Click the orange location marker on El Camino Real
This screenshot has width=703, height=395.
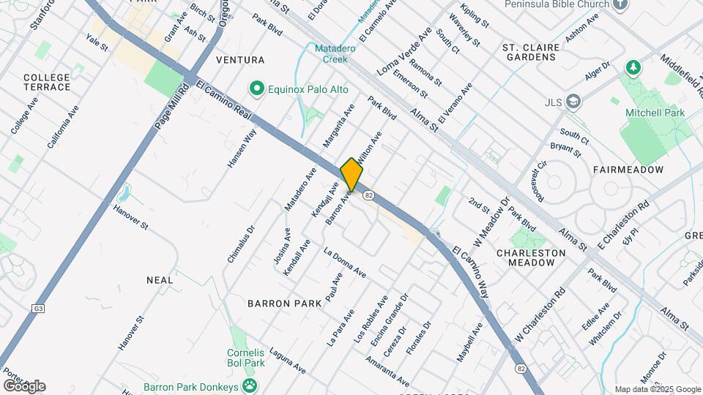tap(351, 174)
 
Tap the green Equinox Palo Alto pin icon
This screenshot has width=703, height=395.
tap(256, 89)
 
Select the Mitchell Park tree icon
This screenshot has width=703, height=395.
tap(633, 68)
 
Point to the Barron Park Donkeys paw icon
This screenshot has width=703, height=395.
tap(250, 384)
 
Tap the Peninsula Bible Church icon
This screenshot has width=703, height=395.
tap(621, 4)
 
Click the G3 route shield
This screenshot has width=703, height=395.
tap(38, 309)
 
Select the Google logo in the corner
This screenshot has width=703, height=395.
tap(24, 386)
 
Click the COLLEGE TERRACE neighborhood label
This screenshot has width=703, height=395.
tap(47, 82)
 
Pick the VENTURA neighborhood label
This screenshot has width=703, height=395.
tap(240, 59)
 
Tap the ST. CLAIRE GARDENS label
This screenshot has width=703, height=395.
tap(532, 53)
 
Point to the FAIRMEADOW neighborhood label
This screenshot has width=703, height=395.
tap(628, 170)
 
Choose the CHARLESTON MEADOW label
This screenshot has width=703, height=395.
tap(531, 257)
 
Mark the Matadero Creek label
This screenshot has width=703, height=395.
tap(331, 53)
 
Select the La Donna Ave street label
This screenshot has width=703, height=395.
tap(345, 263)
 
